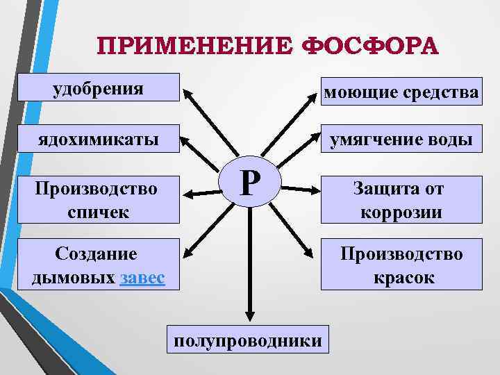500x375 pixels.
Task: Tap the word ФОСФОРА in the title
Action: (x=371, y=47)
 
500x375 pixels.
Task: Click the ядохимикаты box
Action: (x=99, y=139)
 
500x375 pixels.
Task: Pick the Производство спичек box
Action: (x=99, y=200)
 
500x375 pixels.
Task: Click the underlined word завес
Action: (x=142, y=278)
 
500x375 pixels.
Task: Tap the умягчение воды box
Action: (x=401, y=140)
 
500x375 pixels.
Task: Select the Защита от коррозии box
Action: (x=401, y=200)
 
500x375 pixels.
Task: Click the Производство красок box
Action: (x=401, y=266)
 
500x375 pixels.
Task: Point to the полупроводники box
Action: (x=248, y=340)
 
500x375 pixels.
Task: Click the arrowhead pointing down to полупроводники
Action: (x=248, y=315)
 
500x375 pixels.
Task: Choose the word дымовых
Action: (x=74, y=278)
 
